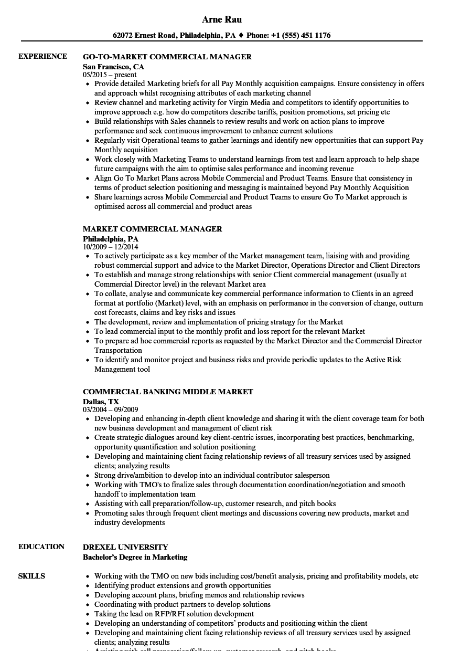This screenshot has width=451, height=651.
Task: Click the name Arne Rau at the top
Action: pos(221,19)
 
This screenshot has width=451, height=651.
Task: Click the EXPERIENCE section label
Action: pos(42,57)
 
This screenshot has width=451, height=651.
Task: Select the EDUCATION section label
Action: pos(41,547)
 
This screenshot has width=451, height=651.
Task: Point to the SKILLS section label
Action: pos(31,576)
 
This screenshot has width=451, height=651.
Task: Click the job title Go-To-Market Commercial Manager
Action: pos(167,57)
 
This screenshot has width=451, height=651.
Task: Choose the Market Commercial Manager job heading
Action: pos(152,229)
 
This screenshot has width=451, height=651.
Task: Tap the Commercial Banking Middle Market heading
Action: pos(168,392)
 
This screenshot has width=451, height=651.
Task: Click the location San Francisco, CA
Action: pos(113,67)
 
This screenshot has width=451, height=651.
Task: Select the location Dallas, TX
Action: pos(101,402)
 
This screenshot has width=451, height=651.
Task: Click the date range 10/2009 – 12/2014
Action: pos(110,247)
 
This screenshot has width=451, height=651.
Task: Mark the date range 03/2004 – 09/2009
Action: pos(110,409)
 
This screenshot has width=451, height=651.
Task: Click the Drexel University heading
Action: pos(125,547)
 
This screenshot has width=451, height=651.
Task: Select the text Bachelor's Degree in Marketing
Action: pos(135,557)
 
